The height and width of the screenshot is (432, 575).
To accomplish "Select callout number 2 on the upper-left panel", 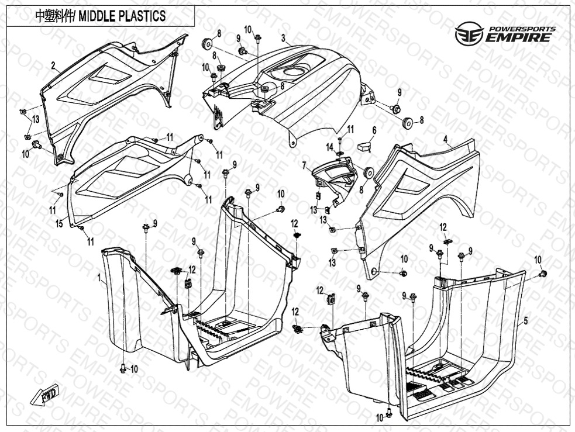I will tap(53, 66).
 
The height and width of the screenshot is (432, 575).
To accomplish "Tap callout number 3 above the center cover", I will tap(283, 39).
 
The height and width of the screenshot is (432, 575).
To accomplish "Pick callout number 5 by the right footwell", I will tap(525, 320).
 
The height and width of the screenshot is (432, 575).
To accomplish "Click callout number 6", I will tap(374, 131).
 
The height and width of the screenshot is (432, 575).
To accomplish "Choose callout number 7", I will tap(304, 166).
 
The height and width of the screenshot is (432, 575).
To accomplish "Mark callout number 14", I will tap(329, 146).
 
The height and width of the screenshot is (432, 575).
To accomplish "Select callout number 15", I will tap(58, 223).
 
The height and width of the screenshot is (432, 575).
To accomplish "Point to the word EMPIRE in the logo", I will tap(517, 38).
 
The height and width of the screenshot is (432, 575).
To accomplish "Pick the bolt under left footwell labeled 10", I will tap(123, 368).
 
